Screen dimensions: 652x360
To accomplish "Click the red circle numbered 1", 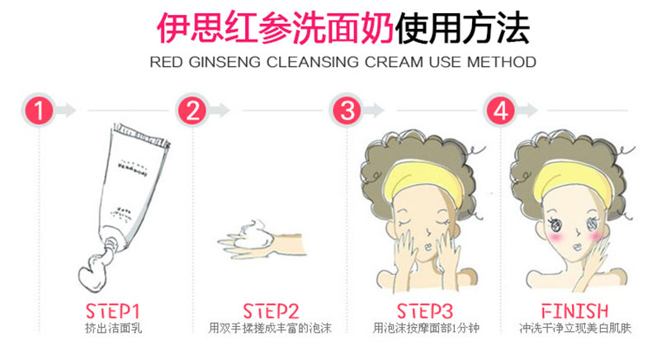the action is point(39,111).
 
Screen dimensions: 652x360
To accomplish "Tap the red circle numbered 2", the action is point(192,111).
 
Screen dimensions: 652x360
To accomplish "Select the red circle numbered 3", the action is point(347,111).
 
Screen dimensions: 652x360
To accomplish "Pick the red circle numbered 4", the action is point(501,111).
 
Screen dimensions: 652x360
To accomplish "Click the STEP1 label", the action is point(112,311).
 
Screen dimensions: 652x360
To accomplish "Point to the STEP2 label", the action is point(271,311).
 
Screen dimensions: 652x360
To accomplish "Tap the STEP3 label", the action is point(424,311).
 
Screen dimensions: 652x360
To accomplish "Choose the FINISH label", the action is point(574,311).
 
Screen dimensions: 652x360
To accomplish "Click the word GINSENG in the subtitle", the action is point(225,63).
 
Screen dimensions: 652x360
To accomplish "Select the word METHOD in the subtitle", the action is point(502,63).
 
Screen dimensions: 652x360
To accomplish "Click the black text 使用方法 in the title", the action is point(462,28).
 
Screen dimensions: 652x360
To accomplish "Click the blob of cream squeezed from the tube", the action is point(93,272).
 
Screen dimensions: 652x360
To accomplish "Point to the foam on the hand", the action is point(254,234).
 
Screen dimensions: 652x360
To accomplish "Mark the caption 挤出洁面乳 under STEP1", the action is point(113,329).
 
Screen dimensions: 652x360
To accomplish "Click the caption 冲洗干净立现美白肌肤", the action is point(575,329).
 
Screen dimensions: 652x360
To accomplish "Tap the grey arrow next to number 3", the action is point(373,111).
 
